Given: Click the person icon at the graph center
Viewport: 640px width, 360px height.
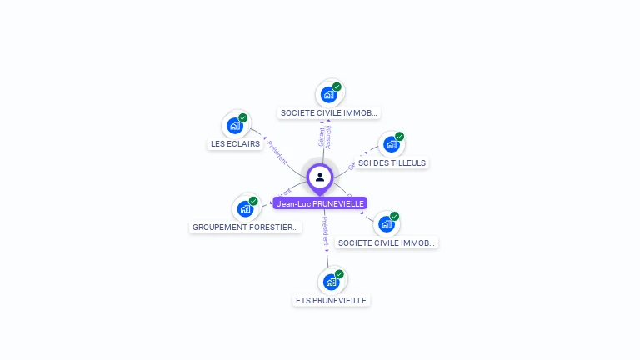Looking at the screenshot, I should (x=320, y=177).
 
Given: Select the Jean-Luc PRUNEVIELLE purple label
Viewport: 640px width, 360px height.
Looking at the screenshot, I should (x=320, y=203).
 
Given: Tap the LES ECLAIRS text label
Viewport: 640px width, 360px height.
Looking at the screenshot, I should (x=235, y=143).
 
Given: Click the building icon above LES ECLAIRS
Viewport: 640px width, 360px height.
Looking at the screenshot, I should (x=235, y=127).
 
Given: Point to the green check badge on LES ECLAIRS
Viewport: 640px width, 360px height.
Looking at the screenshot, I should (x=243, y=117).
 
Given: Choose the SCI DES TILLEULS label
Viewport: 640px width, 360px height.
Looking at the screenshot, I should (x=392, y=162).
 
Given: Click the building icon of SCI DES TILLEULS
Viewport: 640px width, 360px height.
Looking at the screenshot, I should (x=391, y=144).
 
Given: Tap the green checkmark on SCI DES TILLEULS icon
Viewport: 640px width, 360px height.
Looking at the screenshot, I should (x=400, y=136).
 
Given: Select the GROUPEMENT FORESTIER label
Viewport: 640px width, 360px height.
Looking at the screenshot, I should (x=245, y=227).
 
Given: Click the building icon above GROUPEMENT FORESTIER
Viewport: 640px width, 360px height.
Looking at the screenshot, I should (x=245, y=208).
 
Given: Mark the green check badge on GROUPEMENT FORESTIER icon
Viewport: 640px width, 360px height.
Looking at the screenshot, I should (x=253, y=201).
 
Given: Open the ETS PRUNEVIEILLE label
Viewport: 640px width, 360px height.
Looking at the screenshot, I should (x=331, y=300).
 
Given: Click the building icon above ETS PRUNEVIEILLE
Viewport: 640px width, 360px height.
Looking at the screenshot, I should (x=331, y=282).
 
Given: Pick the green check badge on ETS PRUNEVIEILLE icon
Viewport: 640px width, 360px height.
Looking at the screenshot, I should (x=339, y=273).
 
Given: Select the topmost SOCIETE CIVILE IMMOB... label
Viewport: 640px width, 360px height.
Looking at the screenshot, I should (x=329, y=112).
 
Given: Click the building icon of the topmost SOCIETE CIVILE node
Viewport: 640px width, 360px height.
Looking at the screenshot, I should (x=328, y=94).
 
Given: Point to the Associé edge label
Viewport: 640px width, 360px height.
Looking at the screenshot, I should (x=328, y=137).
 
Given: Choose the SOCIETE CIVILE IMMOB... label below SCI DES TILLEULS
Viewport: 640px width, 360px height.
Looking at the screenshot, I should (x=387, y=242).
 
